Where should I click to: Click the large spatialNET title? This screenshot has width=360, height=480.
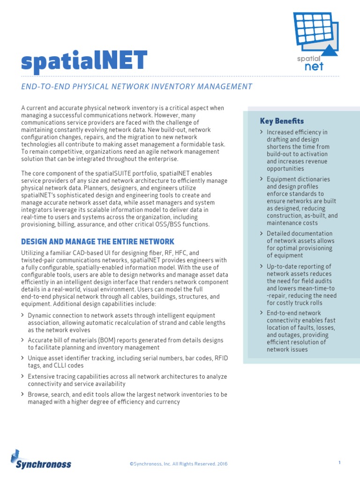coord(84,60)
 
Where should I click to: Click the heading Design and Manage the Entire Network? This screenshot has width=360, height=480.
coord(97,241)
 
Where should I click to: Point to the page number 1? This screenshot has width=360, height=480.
coord(339,463)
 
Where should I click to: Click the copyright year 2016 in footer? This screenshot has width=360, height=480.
coord(222,464)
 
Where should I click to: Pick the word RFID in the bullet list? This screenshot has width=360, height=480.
coord(221,358)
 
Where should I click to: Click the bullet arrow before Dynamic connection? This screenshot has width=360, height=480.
coord(23,315)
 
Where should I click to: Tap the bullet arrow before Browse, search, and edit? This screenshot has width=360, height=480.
coord(23,394)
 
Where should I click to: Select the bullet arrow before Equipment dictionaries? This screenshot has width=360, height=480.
coord(261,179)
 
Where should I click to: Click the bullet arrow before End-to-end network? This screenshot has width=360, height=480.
coord(261,313)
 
